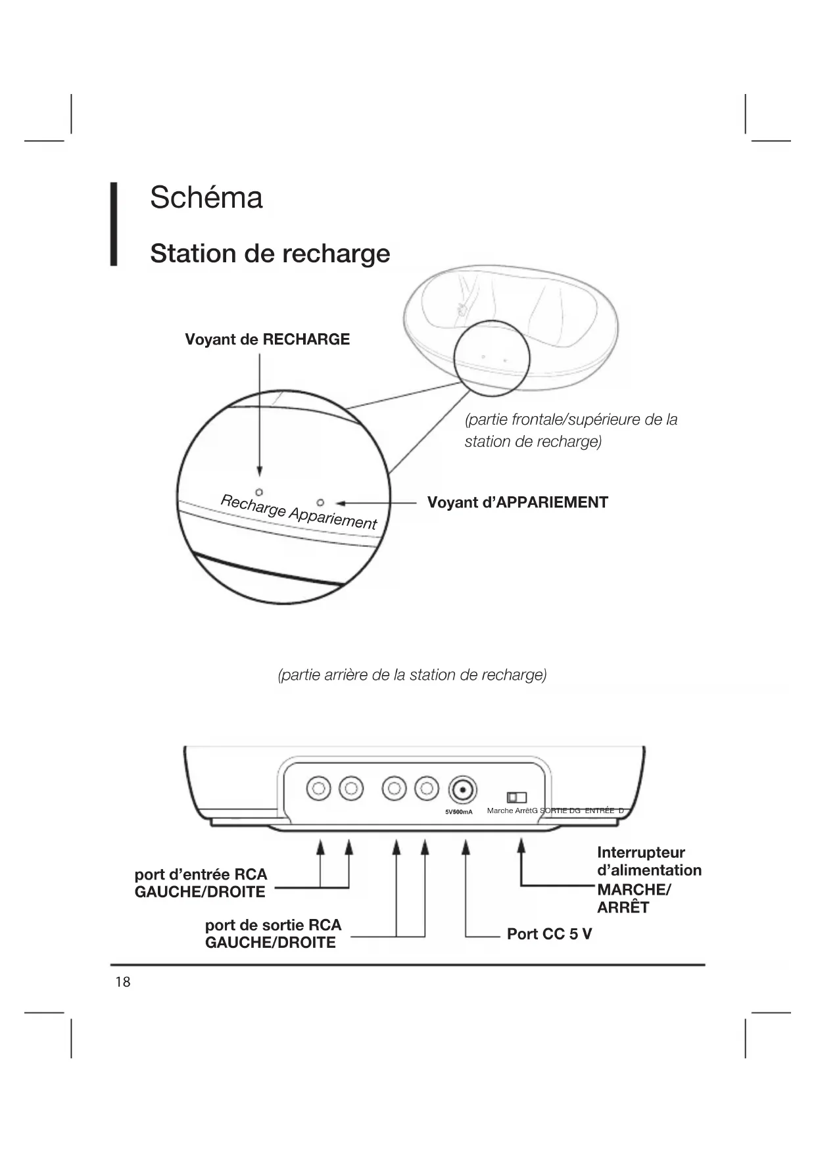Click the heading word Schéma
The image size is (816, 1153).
coord(206,197)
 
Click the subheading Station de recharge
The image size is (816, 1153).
coord(270,253)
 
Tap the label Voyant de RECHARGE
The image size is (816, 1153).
coord(267,339)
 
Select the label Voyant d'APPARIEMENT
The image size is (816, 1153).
coord(517,502)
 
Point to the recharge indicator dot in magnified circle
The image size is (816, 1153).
coord(259,492)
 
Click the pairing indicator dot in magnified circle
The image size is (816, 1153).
coord(320,503)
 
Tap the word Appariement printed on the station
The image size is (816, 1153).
coord(333,517)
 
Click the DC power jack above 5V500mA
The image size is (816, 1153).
coord(462,789)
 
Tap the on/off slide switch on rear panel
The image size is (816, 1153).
coord(517,797)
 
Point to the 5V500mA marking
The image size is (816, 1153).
coord(459,812)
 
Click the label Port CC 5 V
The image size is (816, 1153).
coord(549,933)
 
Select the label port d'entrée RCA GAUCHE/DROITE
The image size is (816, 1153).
coord(201,883)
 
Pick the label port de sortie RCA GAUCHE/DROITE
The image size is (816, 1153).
coord(273,933)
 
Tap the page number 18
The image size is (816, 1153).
coord(123,982)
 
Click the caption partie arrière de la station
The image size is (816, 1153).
coord(412,675)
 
